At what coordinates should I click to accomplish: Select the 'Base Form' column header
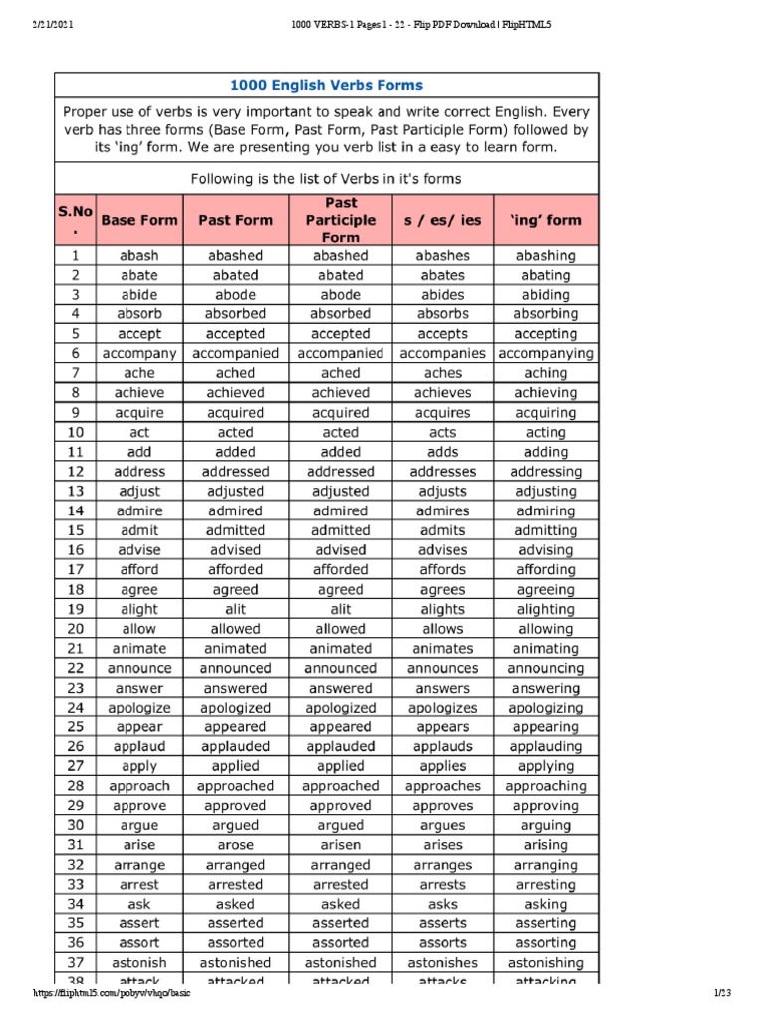click(x=139, y=220)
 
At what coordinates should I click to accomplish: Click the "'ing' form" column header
click(x=546, y=220)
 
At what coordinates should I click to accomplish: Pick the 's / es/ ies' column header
click(x=442, y=220)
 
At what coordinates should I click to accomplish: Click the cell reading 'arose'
click(x=235, y=845)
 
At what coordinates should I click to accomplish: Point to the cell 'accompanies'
click(x=442, y=353)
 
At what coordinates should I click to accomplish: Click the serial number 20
click(x=75, y=629)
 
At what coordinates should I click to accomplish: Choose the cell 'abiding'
click(x=546, y=295)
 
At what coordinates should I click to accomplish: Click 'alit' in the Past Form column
click(x=235, y=609)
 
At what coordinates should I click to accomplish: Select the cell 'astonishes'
click(x=442, y=962)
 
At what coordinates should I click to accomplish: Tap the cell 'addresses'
click(x=442, y=472)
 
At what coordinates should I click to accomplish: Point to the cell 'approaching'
click(x=546, y=786)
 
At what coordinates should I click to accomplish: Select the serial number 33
click(x=75, y=884)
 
